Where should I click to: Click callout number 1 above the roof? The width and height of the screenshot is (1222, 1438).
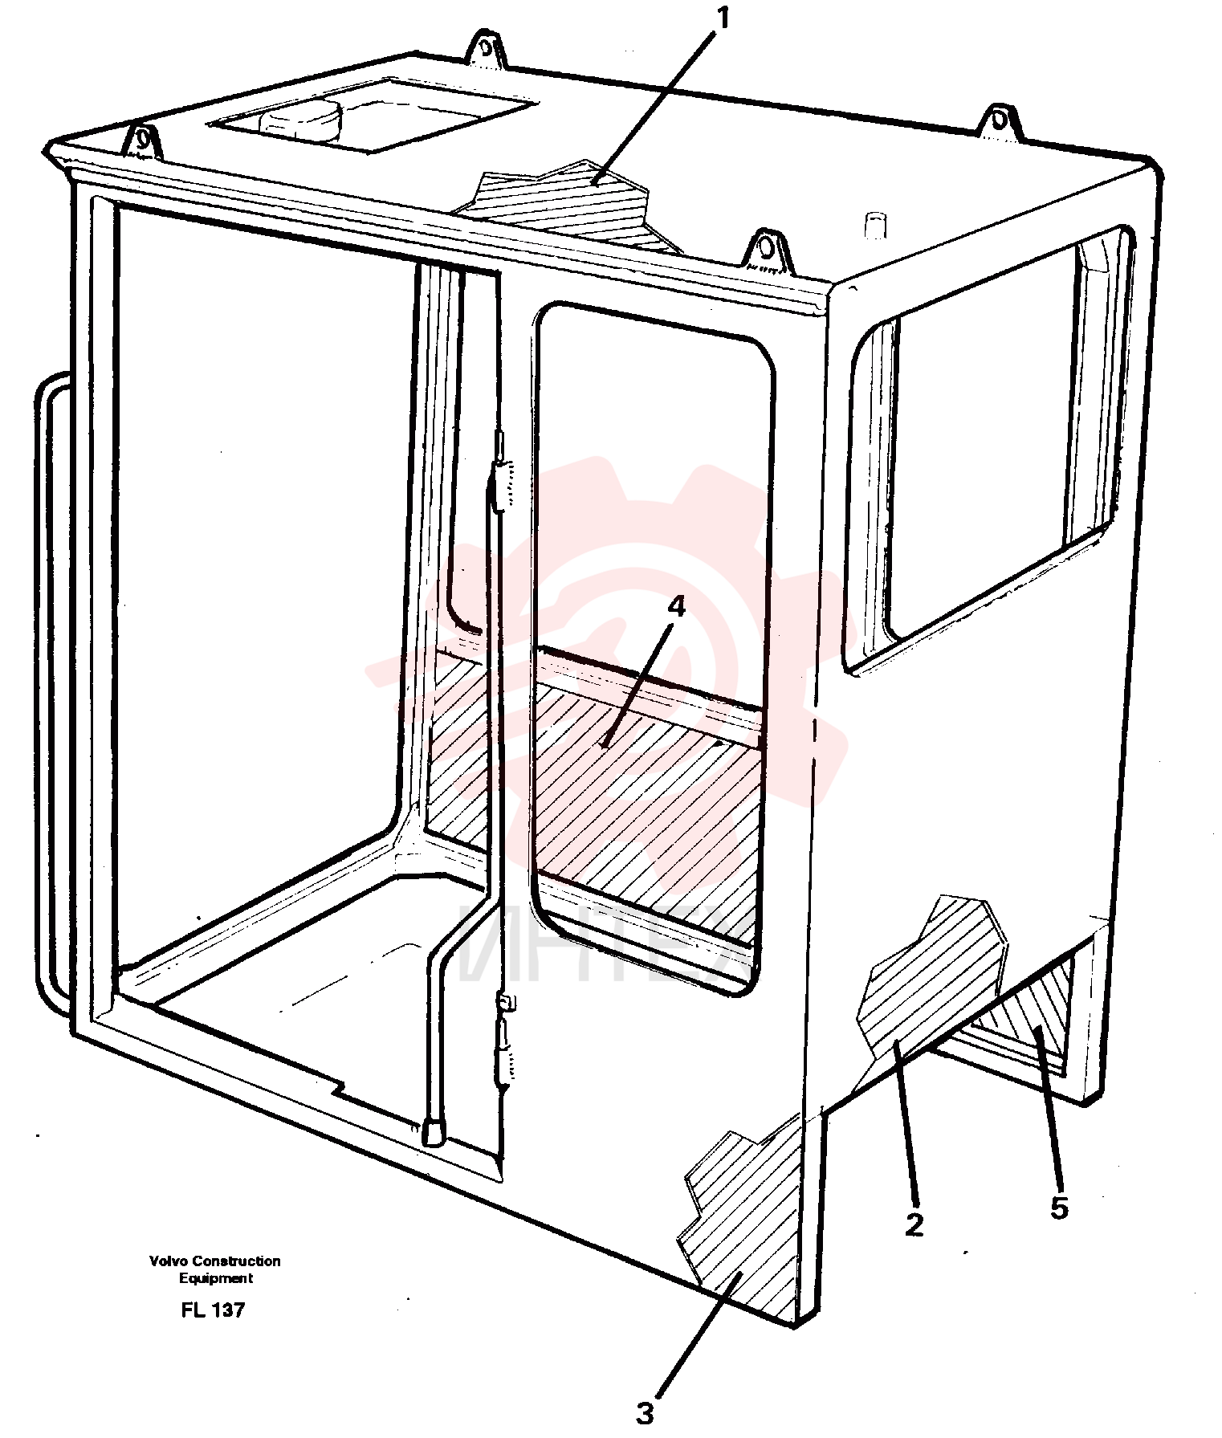(x=723, y=18)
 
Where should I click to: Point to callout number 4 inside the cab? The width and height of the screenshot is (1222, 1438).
(x=677, y=607)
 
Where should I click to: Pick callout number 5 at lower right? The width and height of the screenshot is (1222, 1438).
(x=1060, y=1207)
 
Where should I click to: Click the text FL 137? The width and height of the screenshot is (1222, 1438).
(x=213, y=1310)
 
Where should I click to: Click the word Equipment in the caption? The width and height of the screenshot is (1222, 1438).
(x=215, y=1278)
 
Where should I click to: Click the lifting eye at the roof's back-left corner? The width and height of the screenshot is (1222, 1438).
(x=485, y=48)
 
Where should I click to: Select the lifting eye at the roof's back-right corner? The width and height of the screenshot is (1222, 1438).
(x=1000, y=122)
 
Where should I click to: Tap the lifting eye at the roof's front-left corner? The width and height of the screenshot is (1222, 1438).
(x=143, y=140)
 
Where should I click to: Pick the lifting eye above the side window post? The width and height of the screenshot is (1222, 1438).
(x=768, y=251)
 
